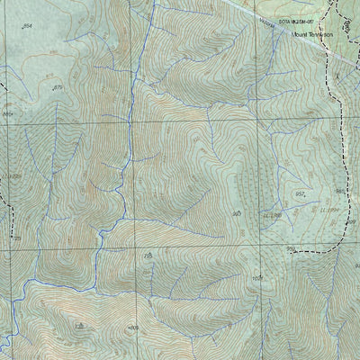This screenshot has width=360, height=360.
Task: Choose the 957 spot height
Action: pyautogui.click(x=299, y=193)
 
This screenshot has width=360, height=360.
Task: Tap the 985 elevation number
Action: pyautogui.click(x=339, y=191)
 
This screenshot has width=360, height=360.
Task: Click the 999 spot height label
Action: pyautogui.click(x=291, y=248)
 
